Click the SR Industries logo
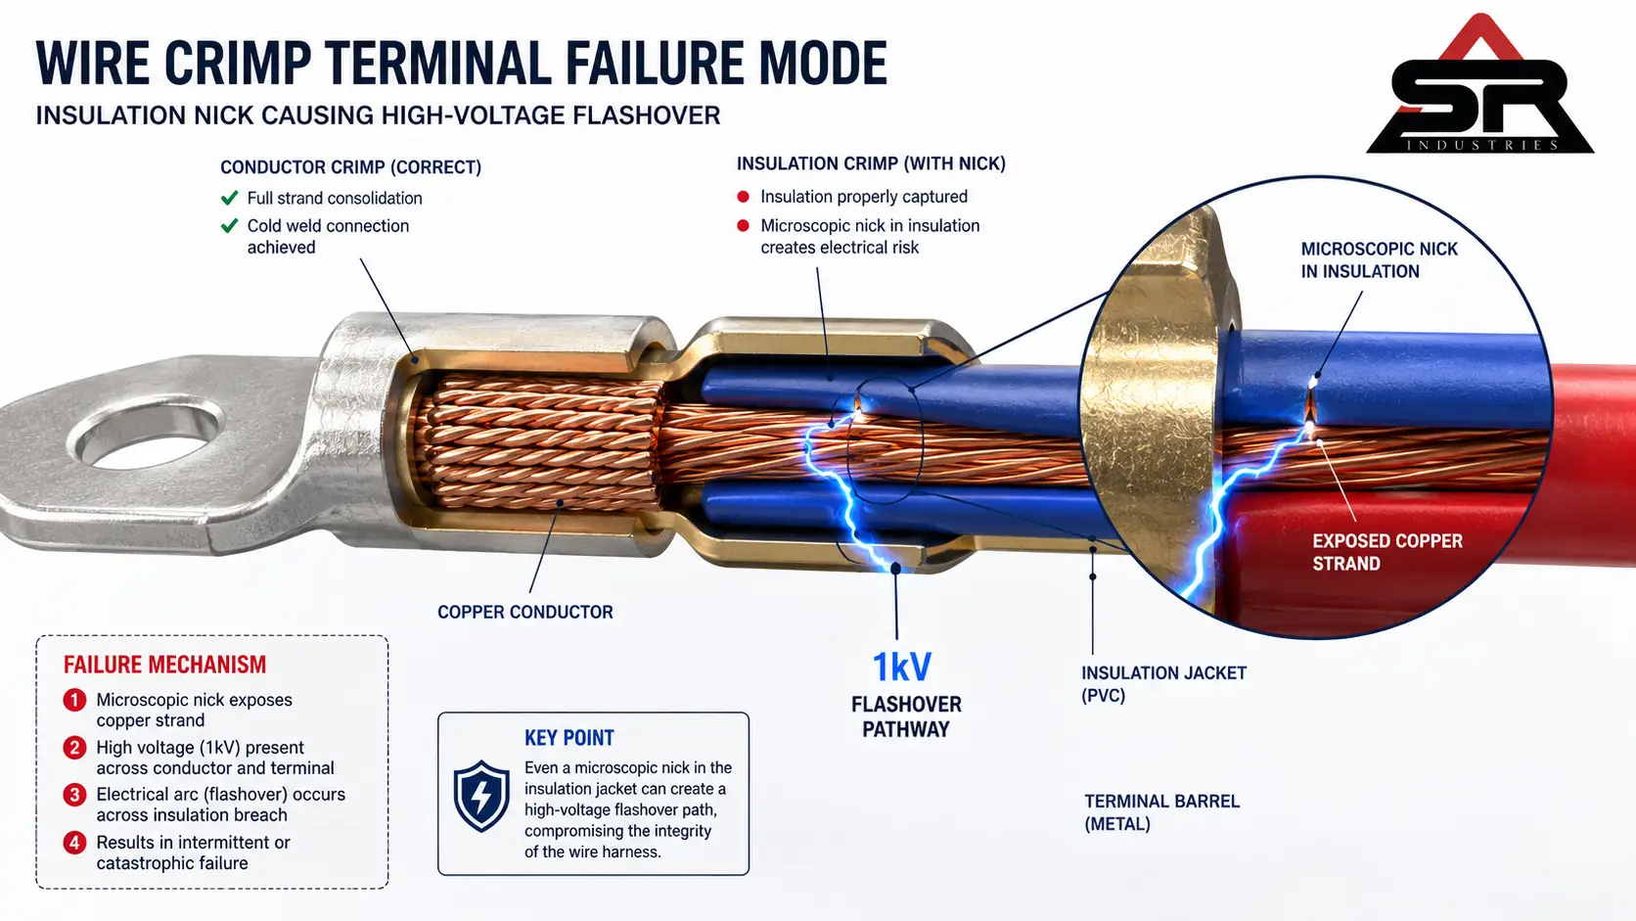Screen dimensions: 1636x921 pyautogui.click(x=1479, y=83)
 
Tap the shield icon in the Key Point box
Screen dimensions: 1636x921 pyautogui.click(x=481, y=796)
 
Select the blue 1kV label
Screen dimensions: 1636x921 pyautogui.click(x=903, y=667)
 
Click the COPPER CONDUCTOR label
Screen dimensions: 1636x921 pyautogui.click(x=525, y=612)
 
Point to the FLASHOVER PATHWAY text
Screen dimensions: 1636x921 pyautogui.click(x=906, y=716)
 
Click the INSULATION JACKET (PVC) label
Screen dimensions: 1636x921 pyautogui.click(x=1164, y=683)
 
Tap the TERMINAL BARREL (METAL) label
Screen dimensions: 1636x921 pyautogui.click(x=1162, y=812)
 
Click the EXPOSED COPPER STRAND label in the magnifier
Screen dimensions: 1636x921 pyautogui.click(x=1387, y=552)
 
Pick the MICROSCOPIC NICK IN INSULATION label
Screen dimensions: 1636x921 pyautogui.click(x=1379, y=260)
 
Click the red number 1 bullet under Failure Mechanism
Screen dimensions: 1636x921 pyautogui.click(x=74, y=700)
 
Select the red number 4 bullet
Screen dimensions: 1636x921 pyautogui.click(x=74, y=842)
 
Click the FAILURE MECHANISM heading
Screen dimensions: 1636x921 pyautogui.click(x=165, y=665)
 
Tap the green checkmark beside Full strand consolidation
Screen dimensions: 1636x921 pyautogui.click(x=229, y=198)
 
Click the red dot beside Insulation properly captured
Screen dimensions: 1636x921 pyautogui.click(x=744, y=197)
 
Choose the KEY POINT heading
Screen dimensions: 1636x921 pyautogui.click(x=568, y=738)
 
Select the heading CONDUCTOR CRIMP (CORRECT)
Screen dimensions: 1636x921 pyautogui.click(x=350, y=167)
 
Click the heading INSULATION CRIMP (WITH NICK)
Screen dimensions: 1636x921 pyautogui.click(x=871, y=163)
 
